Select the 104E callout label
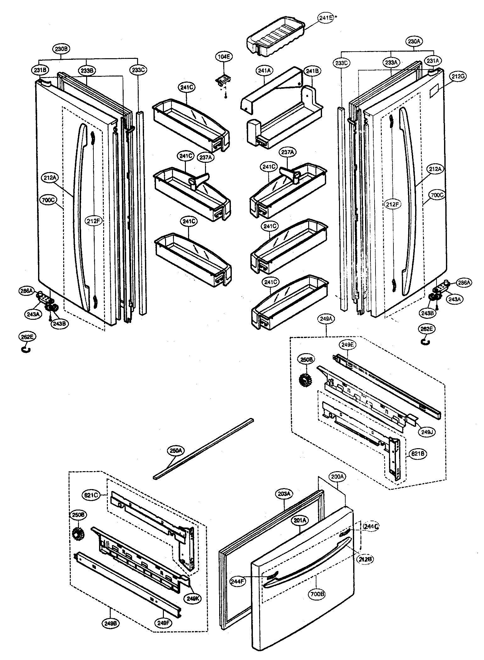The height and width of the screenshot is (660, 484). (224, 57)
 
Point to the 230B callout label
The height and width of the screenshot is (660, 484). (61, 49)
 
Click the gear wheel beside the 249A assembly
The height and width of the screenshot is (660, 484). (304, 381)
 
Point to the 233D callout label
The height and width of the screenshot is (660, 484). (341, 63)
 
